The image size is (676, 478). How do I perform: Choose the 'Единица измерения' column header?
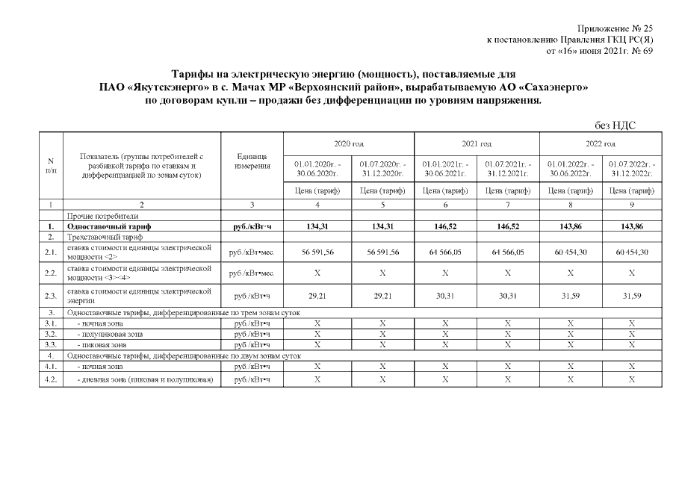pos(252,161)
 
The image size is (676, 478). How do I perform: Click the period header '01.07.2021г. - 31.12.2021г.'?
pos(507,168)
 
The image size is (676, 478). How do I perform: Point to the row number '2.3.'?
pos(51,296)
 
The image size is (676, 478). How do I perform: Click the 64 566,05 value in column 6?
pos(444,252)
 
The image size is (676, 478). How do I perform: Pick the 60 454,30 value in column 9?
pos(632,252)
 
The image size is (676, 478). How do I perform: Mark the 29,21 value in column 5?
pos(382,296)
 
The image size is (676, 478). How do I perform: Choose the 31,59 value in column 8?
pos(569,296)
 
